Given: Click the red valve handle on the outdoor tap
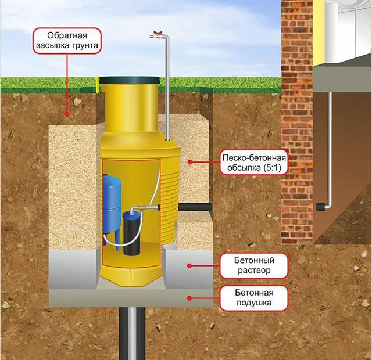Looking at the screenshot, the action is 158,33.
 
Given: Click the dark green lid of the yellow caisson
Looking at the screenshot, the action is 129,80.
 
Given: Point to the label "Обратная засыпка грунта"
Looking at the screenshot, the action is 67,41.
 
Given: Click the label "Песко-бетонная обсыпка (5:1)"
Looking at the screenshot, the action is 254,163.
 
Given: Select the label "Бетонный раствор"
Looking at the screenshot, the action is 254,265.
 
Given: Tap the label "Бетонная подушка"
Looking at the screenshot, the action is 254,298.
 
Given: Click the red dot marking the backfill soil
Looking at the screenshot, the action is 67,115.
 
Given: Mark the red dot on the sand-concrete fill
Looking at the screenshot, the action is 189,162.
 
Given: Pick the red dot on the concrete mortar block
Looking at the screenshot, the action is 189,266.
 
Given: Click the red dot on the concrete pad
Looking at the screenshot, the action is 189,298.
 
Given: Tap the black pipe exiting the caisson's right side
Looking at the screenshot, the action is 195,207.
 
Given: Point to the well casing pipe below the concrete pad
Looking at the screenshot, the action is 132,333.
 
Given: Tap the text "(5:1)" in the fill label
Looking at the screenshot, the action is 272,168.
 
